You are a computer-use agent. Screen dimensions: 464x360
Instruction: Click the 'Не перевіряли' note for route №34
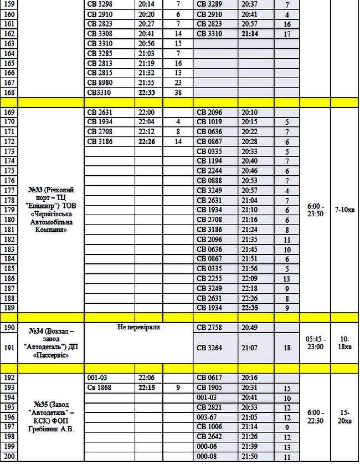click(139, 328)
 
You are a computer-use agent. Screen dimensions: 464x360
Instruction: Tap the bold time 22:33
click(147, 93)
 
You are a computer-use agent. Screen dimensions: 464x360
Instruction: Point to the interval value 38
click(178, 93)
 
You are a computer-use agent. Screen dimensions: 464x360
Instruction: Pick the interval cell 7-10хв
click(344, 210)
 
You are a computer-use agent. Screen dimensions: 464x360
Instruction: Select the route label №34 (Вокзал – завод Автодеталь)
click(51, 343)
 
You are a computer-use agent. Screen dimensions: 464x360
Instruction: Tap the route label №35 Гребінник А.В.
click(51, 416)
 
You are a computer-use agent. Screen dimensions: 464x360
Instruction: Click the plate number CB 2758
click(209, 328)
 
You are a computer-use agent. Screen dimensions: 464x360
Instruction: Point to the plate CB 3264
click(209, 348)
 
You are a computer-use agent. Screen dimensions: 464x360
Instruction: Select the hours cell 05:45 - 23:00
click(315, 343)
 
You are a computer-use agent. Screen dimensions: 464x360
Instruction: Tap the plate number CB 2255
click(209, 278)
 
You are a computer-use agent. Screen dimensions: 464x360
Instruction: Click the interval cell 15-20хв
click(344, 417)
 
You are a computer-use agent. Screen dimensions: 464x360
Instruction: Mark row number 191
click(9, 348)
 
